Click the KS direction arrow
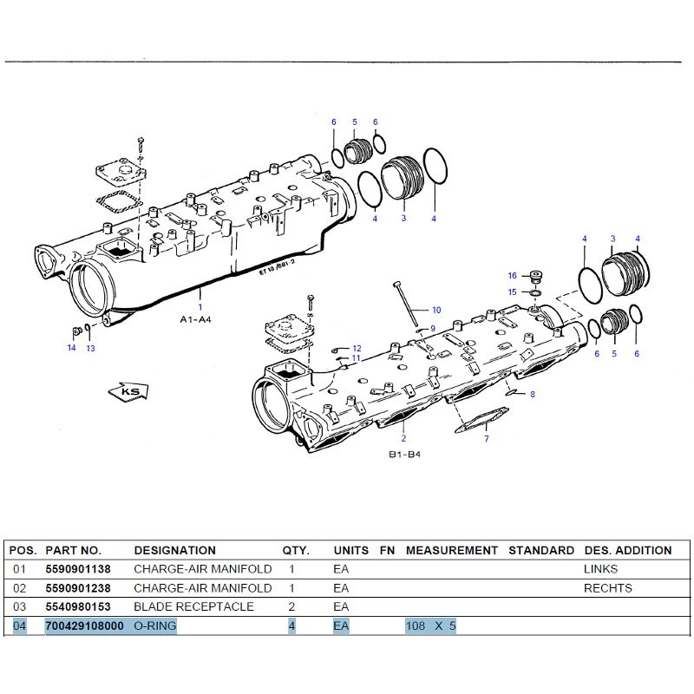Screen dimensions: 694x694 (x=128, y=392)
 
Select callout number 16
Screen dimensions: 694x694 (x=512, y=276)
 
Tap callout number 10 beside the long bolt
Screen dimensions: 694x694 (x=436, y=310)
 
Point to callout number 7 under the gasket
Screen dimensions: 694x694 (x=487, y=439)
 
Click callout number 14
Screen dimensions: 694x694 (x=72, y=348)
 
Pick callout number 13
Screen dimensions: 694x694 (x=91, y=349)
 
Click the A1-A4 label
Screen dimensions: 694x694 (x=196, y=319)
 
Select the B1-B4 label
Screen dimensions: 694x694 (x=404, y=455)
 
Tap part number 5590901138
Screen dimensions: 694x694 (x=78, y=569)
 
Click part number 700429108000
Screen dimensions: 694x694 (x=84, y=625)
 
